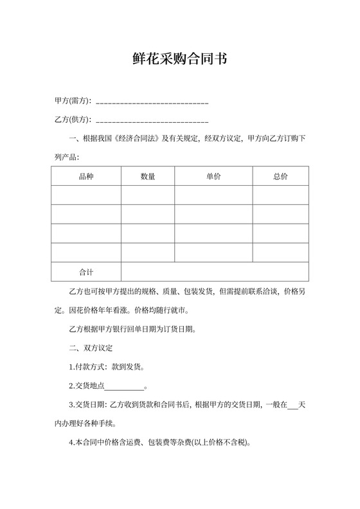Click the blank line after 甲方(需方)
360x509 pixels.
(x=152, y=102)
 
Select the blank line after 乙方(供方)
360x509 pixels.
(x=152, y=120)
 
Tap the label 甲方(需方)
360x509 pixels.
(x=73, y=101)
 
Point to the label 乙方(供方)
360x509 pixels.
(x=73, y=120)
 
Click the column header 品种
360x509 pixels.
(x=85, y=176)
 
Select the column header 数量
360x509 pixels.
(x=147, y=176)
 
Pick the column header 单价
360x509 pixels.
(x=213, y=176)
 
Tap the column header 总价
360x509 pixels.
(x=280, y=176)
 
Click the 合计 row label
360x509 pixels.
(x=85, y=272)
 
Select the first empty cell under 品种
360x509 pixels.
(x=85, y=195)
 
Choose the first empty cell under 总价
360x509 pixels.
(x=280, y=195)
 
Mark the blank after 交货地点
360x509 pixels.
(x=124, y=387)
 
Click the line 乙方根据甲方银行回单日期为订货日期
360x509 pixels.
(x=132, y=330)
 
